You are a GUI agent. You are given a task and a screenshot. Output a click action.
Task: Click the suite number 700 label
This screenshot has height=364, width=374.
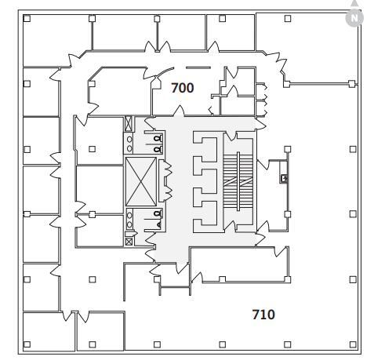(182, 88)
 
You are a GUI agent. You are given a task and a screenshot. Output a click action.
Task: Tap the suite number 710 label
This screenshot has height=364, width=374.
(263, 315)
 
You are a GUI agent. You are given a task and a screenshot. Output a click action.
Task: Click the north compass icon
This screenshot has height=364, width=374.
(356, 16)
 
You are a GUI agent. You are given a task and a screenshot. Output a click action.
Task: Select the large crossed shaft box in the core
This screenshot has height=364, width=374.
(141, 182)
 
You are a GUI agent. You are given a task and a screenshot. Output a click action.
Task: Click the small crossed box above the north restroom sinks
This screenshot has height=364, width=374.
(129, 122)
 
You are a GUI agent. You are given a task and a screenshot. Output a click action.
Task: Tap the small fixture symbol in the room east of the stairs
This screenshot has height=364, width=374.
(283, 179)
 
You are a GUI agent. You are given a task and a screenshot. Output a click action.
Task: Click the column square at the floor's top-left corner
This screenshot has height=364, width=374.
(27, 18)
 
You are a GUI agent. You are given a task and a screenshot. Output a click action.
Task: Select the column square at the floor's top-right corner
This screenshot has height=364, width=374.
(353, 18)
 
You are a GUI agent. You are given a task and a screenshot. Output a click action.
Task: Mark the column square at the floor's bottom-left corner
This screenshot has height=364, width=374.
(27, 344)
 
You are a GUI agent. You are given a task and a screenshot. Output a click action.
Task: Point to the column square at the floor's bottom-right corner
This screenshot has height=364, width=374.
(353, 344)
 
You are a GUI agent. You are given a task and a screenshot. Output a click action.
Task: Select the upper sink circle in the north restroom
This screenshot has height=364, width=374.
(130, 138)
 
